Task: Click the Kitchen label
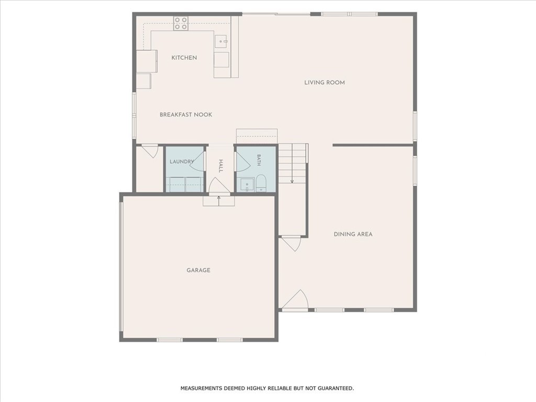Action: coord(184,58)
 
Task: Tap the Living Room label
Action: coord(325,82)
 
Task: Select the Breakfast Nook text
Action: coord(186,115)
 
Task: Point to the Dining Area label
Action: coord(353,234)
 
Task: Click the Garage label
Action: coord(198,270)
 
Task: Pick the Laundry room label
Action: coord(182,161)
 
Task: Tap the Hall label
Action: coord(221,166)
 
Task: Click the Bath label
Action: coord(259,160)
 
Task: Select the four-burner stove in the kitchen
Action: coord(181,23)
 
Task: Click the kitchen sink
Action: coord(221,41)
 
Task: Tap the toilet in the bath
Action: coord(261,183)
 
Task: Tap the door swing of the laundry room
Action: coord(197,161)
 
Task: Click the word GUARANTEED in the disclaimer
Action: coord(337,388)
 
